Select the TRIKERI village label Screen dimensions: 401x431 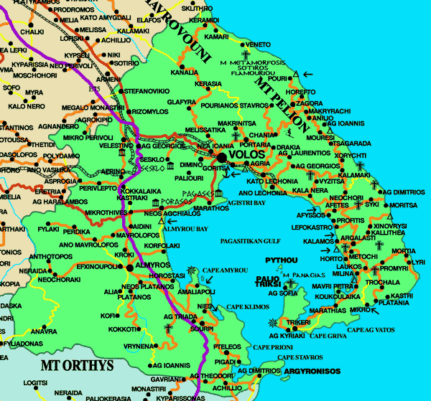click(299, 323)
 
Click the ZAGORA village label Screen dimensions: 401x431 click(310, 103)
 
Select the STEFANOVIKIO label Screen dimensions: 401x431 click(147, 91)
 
